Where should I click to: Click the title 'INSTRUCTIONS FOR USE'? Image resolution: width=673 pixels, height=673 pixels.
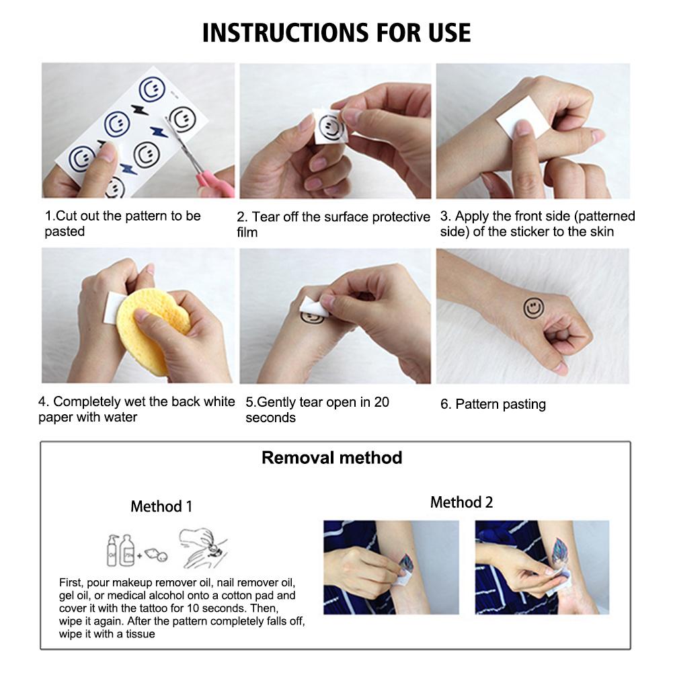tap(336, 32)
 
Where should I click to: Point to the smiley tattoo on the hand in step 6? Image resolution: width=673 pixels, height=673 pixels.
tap(532, 309)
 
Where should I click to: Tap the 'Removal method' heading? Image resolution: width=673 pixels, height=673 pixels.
tap(331, 458)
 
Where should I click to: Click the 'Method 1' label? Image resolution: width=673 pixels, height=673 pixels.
tap(161, 506)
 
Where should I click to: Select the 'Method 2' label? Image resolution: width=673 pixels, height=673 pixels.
tap(461, 502)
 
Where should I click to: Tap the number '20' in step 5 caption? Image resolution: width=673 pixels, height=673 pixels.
tap(381, 403)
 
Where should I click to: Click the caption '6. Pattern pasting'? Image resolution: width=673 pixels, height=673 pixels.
tap(493, 404)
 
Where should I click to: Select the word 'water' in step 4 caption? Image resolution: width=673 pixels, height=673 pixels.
tap(120, 418)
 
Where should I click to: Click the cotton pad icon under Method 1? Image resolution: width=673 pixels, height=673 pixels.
tap(157, 555)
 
